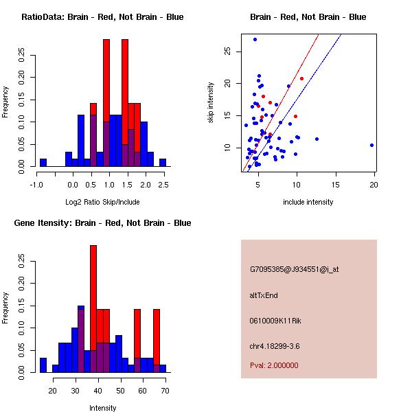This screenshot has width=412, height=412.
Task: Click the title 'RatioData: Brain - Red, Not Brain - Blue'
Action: (102, 17)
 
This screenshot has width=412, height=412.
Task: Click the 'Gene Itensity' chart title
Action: (102, 223)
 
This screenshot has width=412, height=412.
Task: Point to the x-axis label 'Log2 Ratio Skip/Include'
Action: (102, 201)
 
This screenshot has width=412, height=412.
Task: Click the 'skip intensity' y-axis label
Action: (211, 102)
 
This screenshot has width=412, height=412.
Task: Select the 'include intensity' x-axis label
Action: (308, 202)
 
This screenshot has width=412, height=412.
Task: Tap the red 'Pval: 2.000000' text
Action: (274, 365)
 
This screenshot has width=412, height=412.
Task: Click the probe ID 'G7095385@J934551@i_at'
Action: (294, 269)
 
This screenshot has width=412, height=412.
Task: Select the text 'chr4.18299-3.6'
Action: (275, 345)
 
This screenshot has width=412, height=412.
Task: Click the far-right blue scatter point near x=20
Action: (371, 145)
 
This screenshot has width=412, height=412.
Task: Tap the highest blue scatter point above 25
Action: (255, 39)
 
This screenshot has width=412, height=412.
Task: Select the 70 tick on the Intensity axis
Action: (165, 391)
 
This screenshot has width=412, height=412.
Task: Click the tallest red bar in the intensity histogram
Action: (93, 309)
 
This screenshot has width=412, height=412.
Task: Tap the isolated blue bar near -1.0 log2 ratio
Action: (43, 163)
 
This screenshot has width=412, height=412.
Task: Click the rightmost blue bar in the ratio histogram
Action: (163, 163)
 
